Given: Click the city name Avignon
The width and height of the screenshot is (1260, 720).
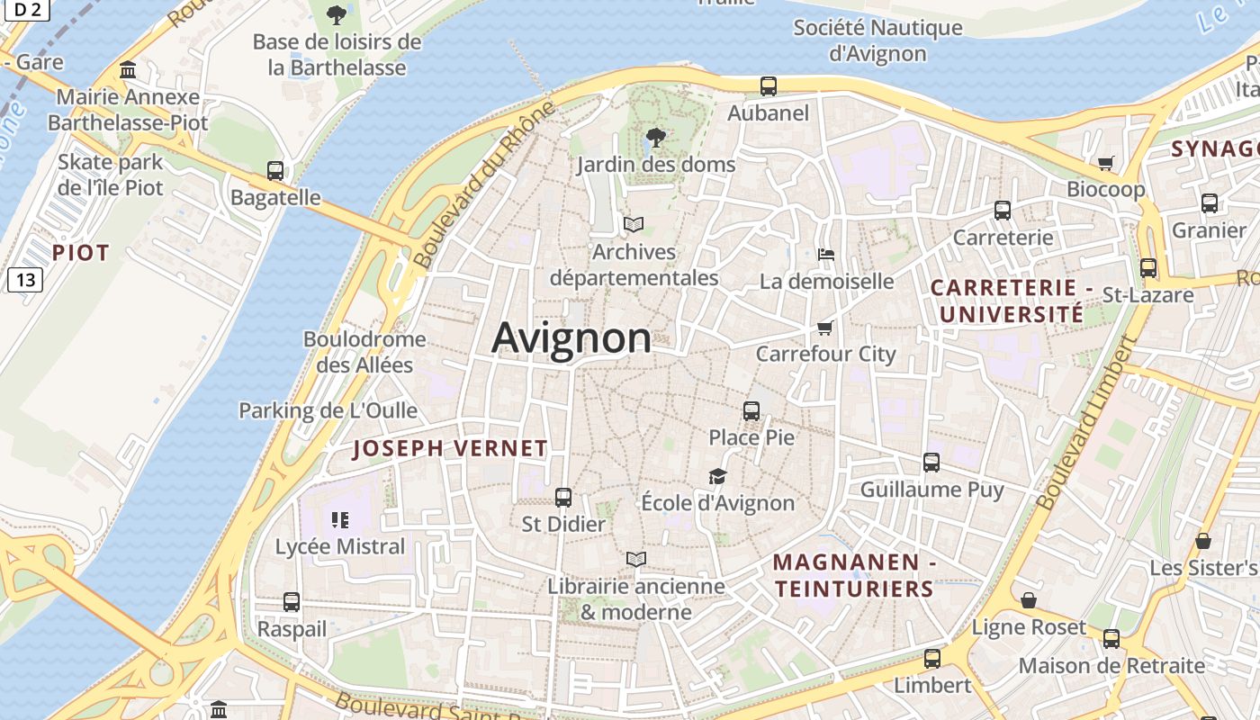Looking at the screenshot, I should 571,338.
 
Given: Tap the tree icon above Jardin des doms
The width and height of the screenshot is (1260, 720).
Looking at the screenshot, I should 657,138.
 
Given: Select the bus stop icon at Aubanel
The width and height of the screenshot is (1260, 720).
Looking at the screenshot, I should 768,86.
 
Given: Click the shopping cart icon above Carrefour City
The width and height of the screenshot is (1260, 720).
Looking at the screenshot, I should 825,327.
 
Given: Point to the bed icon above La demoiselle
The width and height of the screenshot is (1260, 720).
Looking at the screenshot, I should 825,255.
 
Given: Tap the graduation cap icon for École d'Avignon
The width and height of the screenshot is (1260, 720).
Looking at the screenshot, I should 717,476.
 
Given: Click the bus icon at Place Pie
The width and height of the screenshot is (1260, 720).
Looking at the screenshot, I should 751,411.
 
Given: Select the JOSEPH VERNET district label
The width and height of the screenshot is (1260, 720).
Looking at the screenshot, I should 450,448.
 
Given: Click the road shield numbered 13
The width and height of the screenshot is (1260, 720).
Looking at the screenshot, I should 25,280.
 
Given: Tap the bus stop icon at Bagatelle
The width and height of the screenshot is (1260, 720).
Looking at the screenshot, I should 275,171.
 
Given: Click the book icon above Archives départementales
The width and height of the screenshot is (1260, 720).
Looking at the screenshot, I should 634,225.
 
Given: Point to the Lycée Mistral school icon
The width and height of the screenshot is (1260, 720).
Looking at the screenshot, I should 339,519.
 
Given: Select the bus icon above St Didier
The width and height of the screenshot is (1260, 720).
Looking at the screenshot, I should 563,497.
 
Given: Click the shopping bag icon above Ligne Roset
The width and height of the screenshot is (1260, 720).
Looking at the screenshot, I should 1029,600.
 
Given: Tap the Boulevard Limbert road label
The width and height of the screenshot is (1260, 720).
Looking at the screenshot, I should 1084,423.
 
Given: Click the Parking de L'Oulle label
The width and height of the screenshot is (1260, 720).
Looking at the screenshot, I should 328,410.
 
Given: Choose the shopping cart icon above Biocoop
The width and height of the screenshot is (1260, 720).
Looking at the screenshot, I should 1105,163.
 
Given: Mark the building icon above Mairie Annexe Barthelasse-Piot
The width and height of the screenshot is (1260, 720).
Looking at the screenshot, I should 128,70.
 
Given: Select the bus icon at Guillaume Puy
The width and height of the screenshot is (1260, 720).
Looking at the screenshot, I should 931,463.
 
